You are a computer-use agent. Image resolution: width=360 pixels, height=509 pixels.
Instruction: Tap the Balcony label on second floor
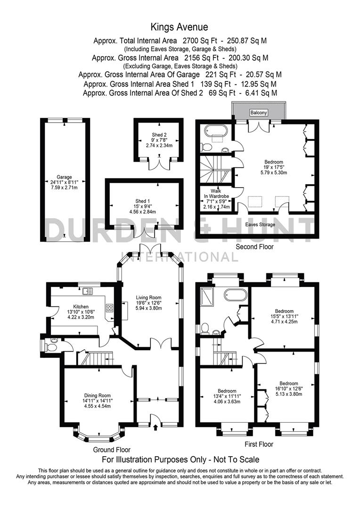(x=259, y=112)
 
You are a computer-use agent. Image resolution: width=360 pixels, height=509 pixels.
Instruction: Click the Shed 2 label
(x=157, y=134)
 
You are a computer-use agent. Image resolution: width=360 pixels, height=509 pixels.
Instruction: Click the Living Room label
(x=149, y=297)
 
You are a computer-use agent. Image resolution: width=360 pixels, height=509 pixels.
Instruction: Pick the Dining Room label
(x=98, y=395)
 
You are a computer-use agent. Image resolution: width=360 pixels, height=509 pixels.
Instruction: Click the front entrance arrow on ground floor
(x=156, y=427)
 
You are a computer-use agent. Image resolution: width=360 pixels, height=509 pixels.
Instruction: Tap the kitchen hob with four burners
(x=109, y=308)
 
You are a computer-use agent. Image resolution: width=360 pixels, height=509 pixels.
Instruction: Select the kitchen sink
(x=87, y=291)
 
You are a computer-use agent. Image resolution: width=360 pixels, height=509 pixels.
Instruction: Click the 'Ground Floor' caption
(x=112, y=450)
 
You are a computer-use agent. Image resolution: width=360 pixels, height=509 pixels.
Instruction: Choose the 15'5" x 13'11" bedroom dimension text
(x=285, y=317)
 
